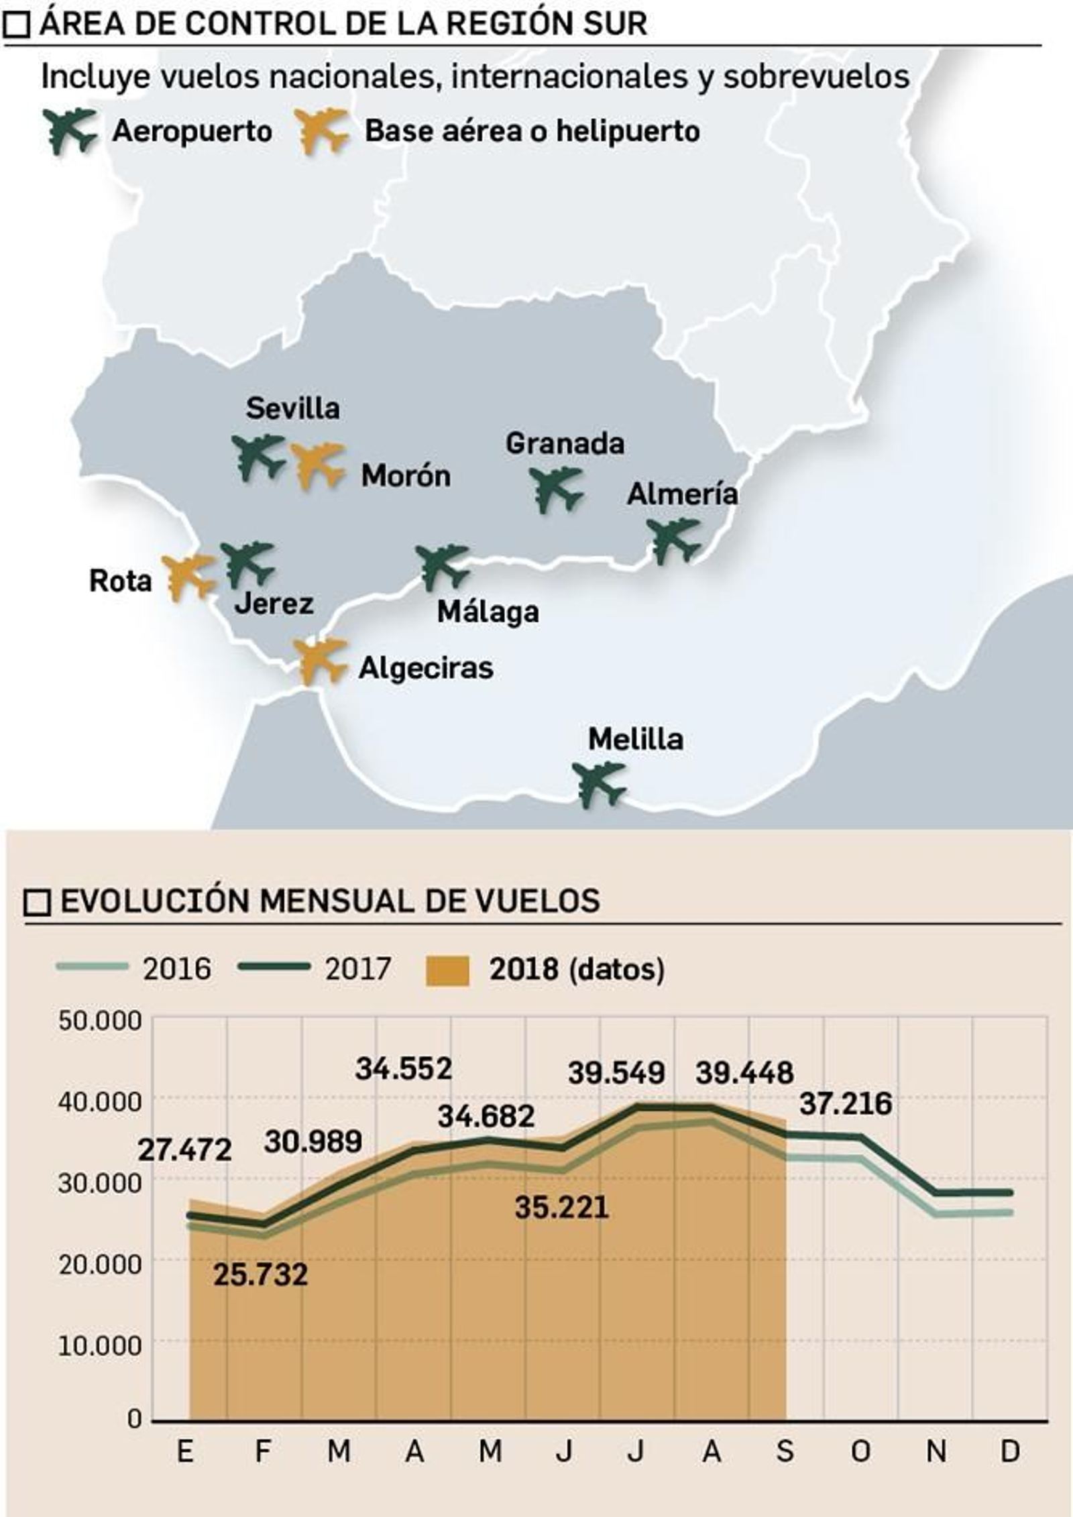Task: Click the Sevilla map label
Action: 292,408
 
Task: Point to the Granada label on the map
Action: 565,444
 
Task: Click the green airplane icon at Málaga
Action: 442,567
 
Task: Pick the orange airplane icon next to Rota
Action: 188,577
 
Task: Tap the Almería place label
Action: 682,494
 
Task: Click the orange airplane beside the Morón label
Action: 318,465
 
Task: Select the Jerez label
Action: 274,604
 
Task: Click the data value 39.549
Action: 616,1073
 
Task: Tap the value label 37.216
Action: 846,1103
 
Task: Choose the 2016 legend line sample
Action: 92,966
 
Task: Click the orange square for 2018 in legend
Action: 447,970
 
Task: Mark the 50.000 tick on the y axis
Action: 100,1021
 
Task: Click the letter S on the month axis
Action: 785,1452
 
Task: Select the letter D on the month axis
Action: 1010,1452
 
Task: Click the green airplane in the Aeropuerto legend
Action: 70,130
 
